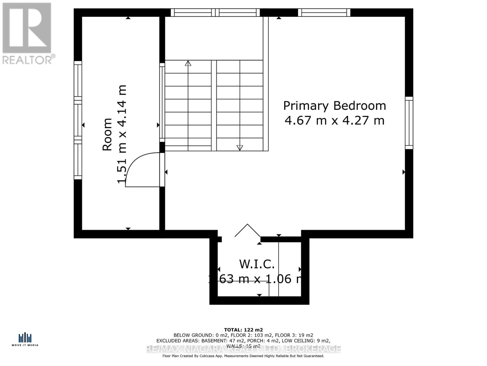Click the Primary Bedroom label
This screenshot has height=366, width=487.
click(x=335, y=106)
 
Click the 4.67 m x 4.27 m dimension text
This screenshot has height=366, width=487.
click(x=335, y=120)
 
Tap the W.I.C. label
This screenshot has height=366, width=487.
click(x=257, y=264)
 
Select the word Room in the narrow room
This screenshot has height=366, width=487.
click(x=107, y=134)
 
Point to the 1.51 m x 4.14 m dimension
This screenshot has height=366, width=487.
click(x=122, y=134)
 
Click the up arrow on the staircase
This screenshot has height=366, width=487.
click(x=188, y=63)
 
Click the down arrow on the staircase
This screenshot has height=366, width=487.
click(x=240, y=148)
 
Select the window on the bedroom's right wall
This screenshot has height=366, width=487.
click(x=409, y=123)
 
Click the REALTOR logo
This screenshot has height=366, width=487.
click(x=27, y=34)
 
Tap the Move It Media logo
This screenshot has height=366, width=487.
click(x=25, y=339)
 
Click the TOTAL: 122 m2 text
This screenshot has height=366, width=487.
click(x=243, y=330)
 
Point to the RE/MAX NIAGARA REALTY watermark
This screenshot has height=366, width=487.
click(x=243, y=349)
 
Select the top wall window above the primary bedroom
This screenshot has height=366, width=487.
click(x=324, y=13)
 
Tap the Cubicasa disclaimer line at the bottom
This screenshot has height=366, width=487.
click(x=243, y=356)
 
